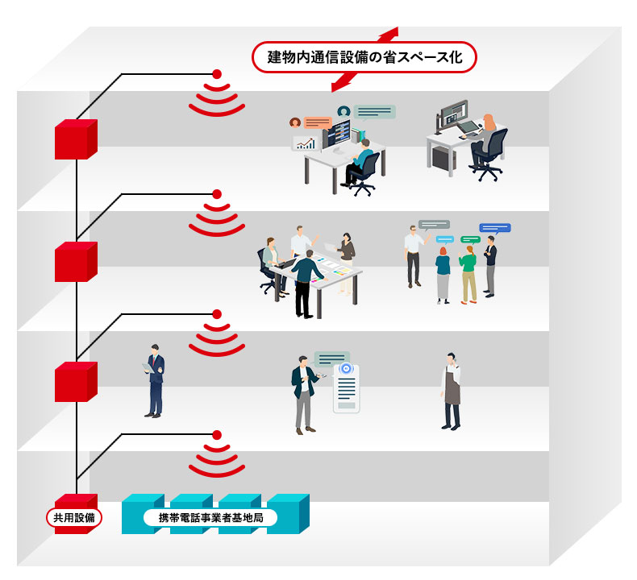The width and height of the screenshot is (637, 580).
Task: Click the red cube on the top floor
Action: pos(75,140)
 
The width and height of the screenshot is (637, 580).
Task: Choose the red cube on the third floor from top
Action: pos(75,382)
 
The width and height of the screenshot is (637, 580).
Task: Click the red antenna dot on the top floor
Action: pos(216,75)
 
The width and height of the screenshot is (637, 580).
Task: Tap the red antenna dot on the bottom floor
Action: pos(216,435)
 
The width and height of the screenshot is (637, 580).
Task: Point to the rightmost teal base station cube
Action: pos(289,513)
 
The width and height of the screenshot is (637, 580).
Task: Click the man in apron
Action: pos(452,391)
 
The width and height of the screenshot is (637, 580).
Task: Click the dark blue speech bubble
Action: pos(494,228)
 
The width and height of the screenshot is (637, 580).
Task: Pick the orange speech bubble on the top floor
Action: pos(318,122)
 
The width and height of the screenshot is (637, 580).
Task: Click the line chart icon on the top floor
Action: pos(305,143)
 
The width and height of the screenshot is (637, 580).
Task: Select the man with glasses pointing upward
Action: pos(414,256)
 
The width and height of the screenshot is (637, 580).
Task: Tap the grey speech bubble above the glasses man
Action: pos(434,225)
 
